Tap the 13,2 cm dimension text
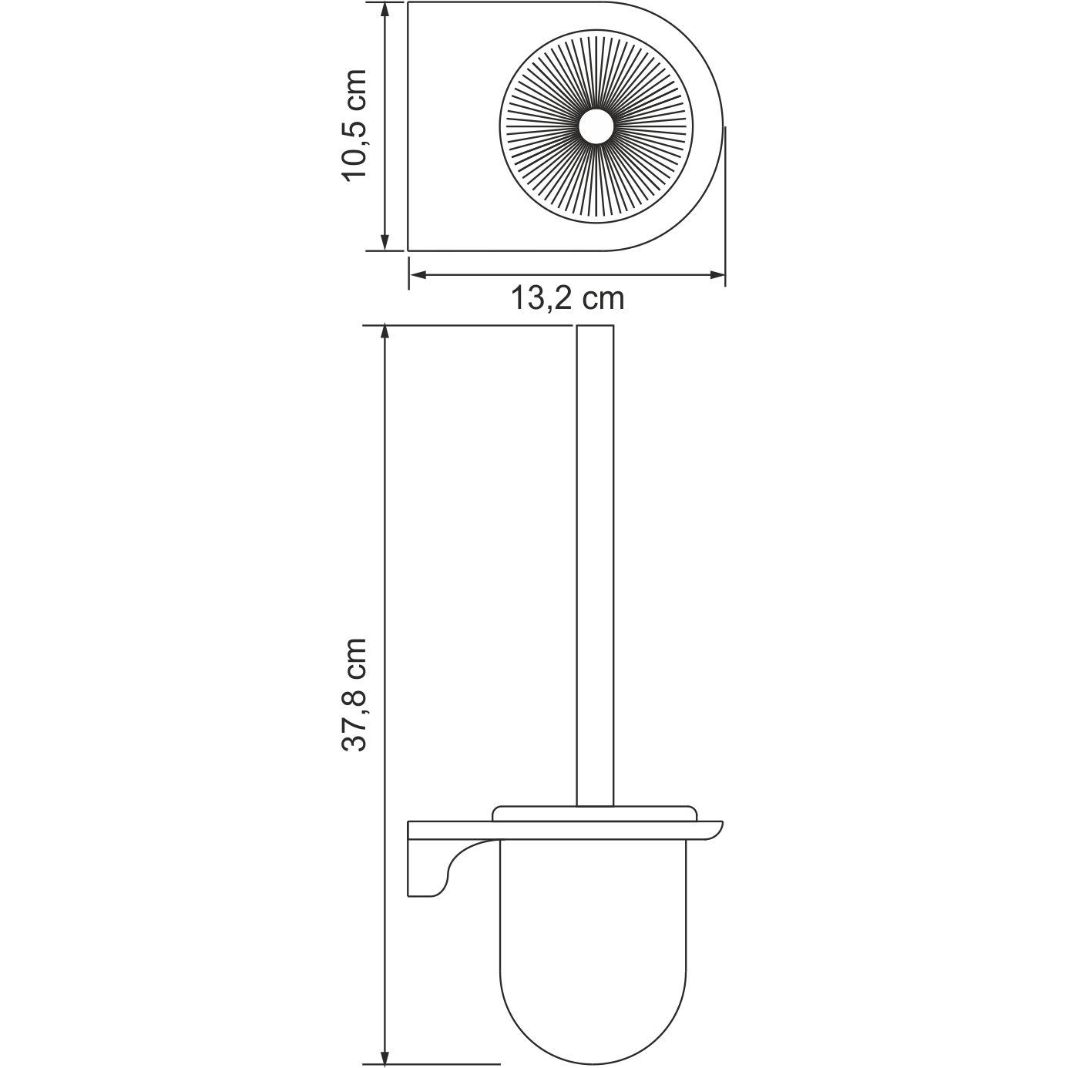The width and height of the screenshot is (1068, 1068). pos(568,297)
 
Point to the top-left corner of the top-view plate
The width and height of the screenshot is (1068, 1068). pos(408,4)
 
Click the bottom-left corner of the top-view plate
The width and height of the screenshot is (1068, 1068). pos(408,250)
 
